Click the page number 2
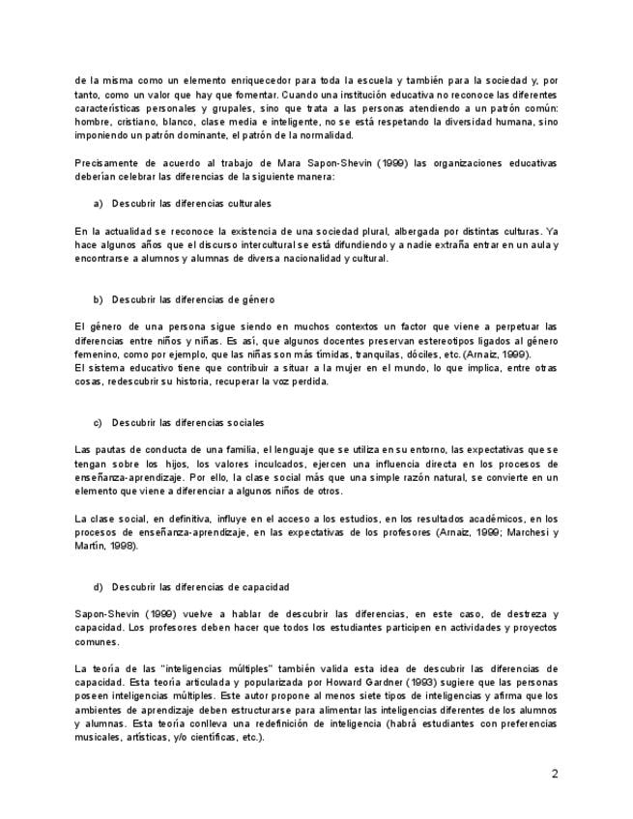coord(555,774)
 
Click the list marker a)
coord(98,204)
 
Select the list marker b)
coord(98,299)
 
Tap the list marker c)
coord(98,423)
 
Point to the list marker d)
coord(98,587)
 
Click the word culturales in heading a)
coord(248,204)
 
